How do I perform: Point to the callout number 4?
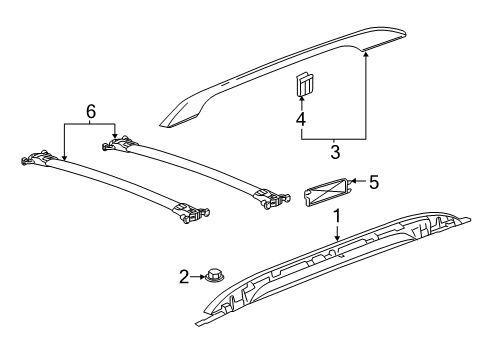click(299, 121)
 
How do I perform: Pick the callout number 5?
click(374, 182)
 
